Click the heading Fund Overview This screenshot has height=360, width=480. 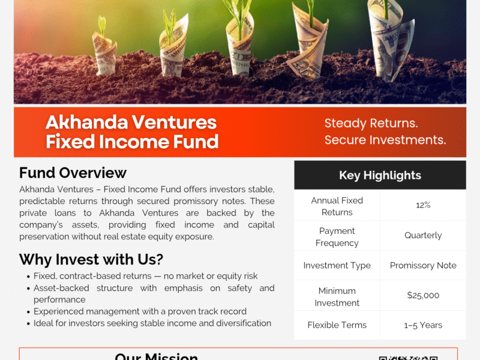(73, 173)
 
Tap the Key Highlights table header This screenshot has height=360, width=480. (380, 175)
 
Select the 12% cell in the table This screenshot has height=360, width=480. (423, 205)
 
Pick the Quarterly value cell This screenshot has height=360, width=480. (423, 236)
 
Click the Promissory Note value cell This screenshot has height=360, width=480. (423, 265)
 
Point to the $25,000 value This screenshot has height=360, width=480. (423, 295)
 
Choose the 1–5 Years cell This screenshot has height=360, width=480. (423, 325)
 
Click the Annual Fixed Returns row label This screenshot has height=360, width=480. (337, 206)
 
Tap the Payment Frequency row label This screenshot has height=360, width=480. (337, 236)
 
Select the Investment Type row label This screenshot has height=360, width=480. (337, 265)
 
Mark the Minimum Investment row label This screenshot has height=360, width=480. (337, 296)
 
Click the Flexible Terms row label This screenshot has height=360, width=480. (337, 325)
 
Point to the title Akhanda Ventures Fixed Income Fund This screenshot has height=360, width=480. (131, 131)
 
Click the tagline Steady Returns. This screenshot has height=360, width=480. (371, 124)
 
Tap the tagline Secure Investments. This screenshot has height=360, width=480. (385, 140)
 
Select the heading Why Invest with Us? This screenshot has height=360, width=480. (91, 260)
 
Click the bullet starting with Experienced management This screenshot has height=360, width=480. (140, 311)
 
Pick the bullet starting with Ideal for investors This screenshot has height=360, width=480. (152, 323)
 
